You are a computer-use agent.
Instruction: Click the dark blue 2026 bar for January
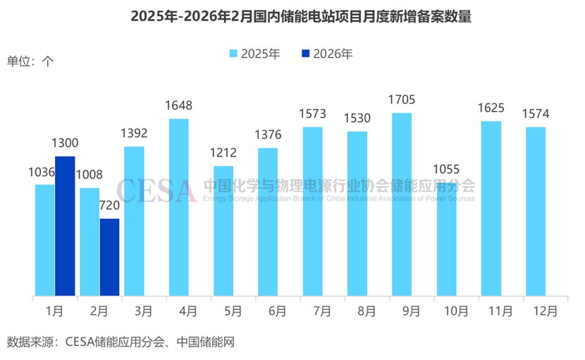(x=65, y=225)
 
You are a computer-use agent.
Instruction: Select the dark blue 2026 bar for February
(x=109, y=257)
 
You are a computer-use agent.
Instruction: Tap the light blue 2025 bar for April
(x=178, y=207)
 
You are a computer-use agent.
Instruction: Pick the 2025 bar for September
(x=402, y=204)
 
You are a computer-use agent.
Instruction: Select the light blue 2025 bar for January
(x=44, y=240)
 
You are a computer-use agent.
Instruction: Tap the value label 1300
(x=65, y=143)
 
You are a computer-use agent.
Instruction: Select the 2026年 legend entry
(x=327, y=54)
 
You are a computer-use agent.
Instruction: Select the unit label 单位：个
(x=30, y=61)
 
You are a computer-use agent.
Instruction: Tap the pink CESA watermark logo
(x=156, y=190)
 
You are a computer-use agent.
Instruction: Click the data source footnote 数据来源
(x=121, y=343)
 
